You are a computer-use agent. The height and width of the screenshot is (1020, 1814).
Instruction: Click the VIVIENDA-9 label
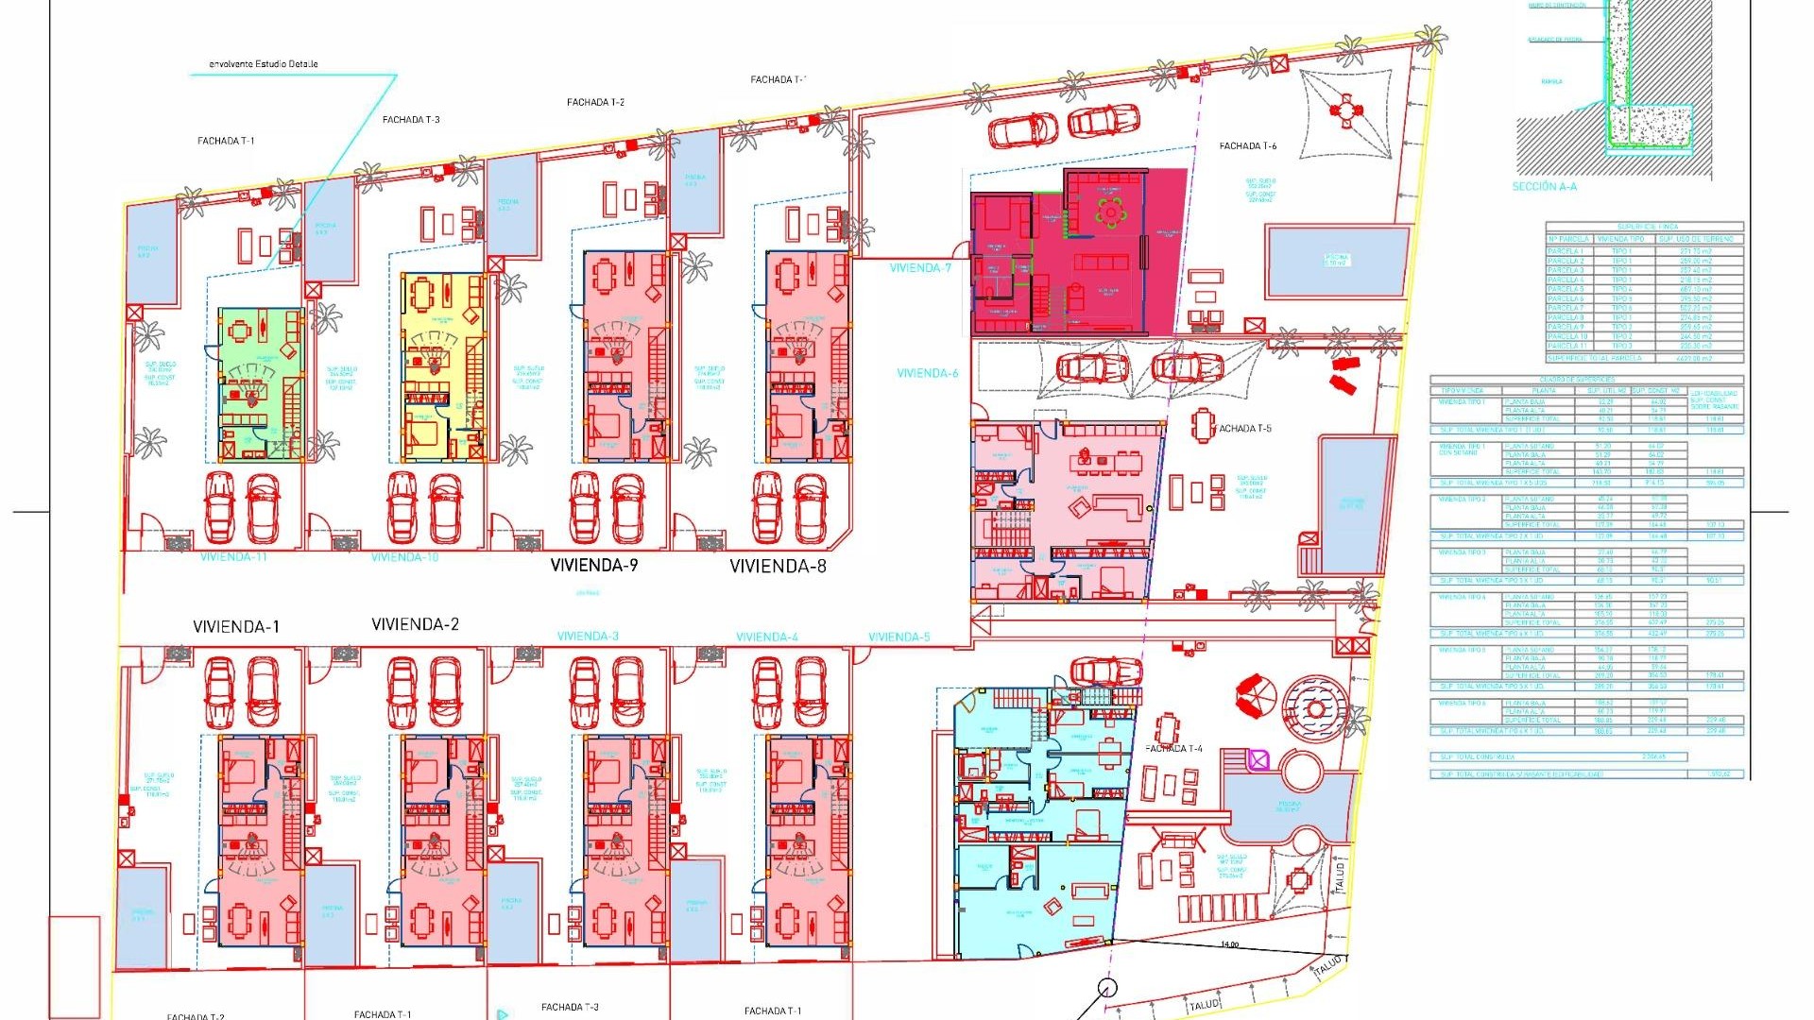click(x=594, y=566)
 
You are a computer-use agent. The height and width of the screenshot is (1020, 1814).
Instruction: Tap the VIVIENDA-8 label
click(x=778, y=567)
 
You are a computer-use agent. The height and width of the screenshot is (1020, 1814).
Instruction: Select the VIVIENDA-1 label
click(x=236, y=627)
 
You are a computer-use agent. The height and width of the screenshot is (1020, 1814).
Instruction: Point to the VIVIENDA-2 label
click(x=415, y=625)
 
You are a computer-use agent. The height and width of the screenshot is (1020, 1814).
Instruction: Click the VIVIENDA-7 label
click(x=920, y=268)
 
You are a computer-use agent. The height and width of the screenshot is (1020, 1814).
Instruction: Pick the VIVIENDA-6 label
click(x=927, y=373)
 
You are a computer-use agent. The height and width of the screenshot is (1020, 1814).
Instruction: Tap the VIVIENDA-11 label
click(x=233, y=557)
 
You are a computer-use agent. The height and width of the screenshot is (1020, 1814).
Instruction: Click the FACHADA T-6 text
click(x=1247, y=146)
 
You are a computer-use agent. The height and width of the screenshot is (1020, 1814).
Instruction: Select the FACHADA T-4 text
click(x=1174, y=749)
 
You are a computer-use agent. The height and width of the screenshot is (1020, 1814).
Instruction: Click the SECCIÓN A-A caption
click(x=1544, y=187)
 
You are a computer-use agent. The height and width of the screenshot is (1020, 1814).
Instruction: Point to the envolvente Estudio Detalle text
click(x=263, y=64)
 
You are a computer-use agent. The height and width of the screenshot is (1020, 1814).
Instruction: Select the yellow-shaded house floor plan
click(x=442, y=366)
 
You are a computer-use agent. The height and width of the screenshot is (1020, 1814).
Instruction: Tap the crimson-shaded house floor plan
click(x=1077, y=253)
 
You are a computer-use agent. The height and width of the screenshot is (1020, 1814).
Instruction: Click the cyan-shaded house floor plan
click(x=1039, y=822)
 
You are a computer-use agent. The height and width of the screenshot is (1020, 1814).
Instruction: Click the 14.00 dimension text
click(x=1229, y=944)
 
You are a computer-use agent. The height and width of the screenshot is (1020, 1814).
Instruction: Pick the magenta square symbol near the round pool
click(x=1258, y=760)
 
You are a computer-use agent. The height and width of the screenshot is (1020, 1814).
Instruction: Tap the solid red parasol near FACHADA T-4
click(x=1256, y=696)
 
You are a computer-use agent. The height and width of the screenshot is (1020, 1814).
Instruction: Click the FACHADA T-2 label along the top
click(x=595, y=102)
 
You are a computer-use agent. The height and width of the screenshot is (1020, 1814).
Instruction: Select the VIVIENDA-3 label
click(x=588, y=637)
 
